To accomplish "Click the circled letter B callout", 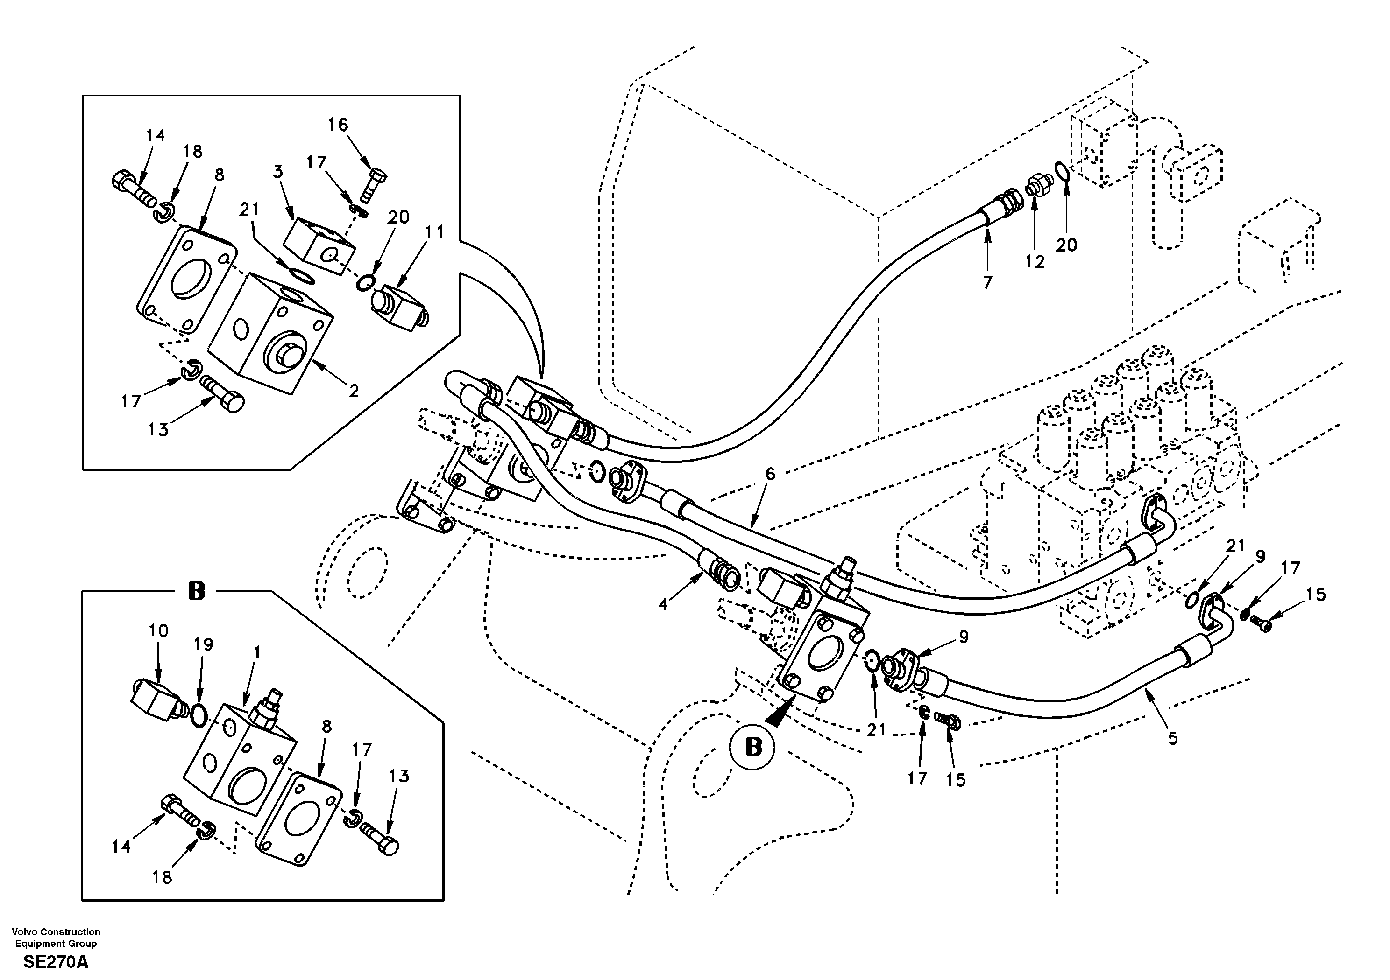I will (x=752, y=748).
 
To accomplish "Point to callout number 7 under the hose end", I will (x=987, y=282).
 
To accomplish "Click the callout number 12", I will (x=1035, y=262).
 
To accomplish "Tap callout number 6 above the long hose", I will (x=769, y=474).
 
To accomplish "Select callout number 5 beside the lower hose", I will (x=1173, y=738).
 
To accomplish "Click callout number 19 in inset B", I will (x=204, y=645).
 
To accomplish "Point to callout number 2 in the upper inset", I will (x=353, y=391).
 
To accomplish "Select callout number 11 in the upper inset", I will (x=435, y=231).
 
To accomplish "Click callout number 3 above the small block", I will (x=278, y=172).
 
